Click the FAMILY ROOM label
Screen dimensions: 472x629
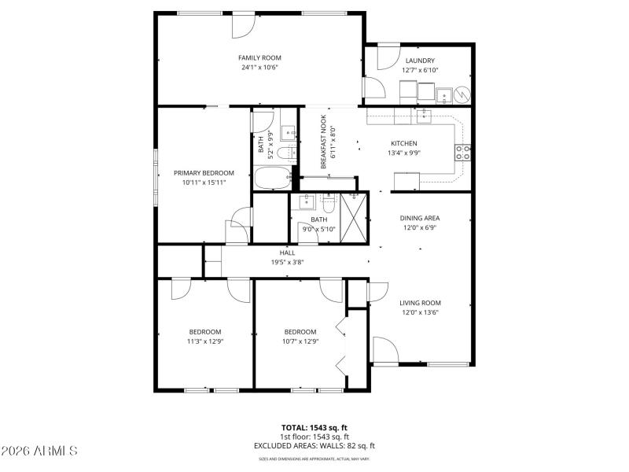(259, 57)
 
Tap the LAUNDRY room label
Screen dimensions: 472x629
(419, 61)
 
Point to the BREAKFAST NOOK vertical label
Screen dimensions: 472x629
(322, 142)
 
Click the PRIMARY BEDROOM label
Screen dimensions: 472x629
(204, 173)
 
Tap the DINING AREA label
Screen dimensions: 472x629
(419, 218)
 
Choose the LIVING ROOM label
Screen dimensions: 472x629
(419, 303)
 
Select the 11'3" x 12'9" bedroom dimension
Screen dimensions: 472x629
(204, 341)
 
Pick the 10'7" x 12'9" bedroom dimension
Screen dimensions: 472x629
(300, 341)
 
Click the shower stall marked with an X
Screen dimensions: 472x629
(354, 215)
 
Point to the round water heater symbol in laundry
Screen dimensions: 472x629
(463, 94)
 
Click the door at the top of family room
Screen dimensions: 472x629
(243, 24)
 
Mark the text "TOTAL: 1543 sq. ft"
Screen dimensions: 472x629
(314, 428)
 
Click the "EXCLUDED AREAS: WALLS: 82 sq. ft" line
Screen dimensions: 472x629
(314, 445)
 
